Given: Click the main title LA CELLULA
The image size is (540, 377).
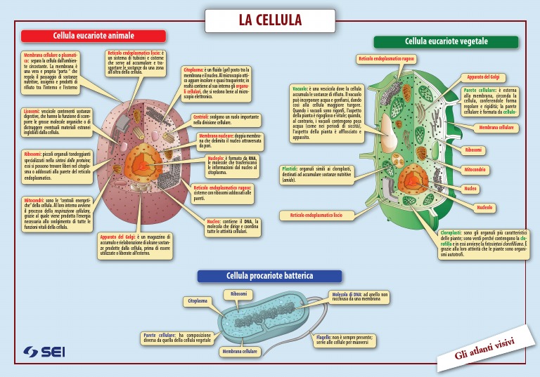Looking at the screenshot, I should coord(270,20).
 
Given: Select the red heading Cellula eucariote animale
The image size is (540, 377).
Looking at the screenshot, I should coord(94,36).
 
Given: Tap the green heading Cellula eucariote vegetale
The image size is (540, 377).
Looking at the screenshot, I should coord(446,42).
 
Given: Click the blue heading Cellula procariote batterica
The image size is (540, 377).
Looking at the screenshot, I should coord(269,277).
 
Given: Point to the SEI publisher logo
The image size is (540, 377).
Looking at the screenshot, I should coord(43,351).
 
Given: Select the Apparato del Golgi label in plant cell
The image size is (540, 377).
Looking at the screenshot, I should coord(483,77).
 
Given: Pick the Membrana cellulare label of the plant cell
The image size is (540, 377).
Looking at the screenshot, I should coord(497,128).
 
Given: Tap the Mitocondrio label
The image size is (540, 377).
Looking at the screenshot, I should coord(475,169).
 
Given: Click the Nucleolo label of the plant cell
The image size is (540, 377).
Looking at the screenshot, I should coord(484,208).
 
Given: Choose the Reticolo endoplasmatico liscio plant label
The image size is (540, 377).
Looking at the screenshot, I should coord(316,215).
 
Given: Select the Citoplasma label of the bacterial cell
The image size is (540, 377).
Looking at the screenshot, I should coord(198,301).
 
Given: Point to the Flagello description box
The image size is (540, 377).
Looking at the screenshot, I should coord(344,340).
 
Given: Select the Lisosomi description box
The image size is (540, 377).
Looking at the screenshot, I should coord(56,122).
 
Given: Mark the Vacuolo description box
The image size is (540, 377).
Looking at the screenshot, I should coord(327,112).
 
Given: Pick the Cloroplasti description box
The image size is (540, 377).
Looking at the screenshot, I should coord(482,244).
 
